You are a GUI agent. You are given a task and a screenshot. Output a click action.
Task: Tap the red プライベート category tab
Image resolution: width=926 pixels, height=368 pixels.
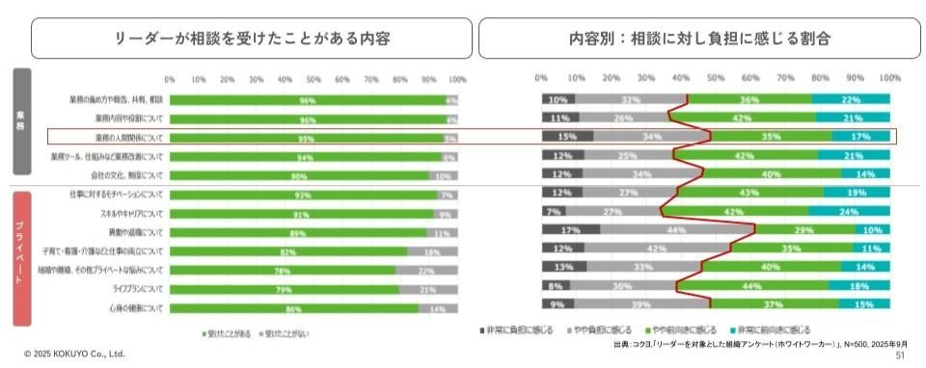pyautogui.click(x=21, y=258)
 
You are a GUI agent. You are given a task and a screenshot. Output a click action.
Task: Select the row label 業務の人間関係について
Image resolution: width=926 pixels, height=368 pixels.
pyautogui.click(x=129, y=138)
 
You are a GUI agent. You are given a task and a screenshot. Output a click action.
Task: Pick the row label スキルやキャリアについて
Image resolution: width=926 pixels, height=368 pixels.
pyautogui.click(x=132, y=213)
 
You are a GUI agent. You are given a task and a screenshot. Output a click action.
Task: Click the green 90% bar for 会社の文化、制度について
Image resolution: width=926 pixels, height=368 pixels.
pyautogui.click(x=299, y=175)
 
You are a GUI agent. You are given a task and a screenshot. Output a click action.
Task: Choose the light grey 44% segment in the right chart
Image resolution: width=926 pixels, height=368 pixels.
pyautogui.click(x=676, y=231)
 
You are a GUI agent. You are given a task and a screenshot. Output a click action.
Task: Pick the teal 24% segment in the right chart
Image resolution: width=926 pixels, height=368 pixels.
pyautogui.click(x=849, y=212)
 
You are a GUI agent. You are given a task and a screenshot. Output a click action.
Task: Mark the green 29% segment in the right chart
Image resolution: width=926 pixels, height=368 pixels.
pyautogui.click(x=803, y=231)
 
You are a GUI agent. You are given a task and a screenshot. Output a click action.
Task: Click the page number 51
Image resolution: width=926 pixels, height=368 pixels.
pyautogui.click(x=901, y=355)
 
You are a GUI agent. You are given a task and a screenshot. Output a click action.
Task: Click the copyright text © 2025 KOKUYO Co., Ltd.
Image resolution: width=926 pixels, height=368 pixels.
pyautogui.click(x=74, y=355)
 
